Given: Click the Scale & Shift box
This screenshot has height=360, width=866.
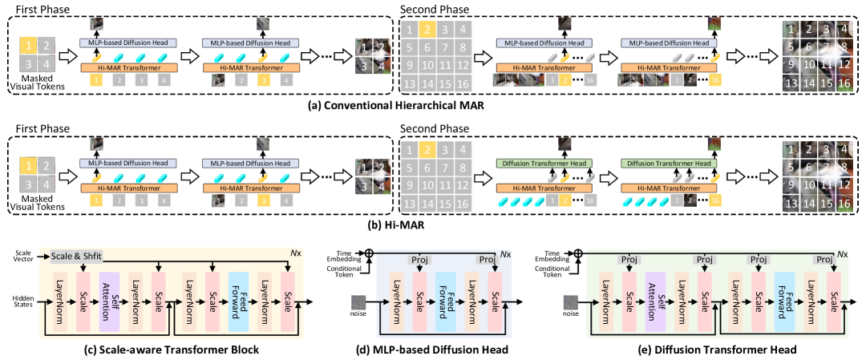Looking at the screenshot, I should tap(76, 256).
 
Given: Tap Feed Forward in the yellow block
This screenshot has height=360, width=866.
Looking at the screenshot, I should tap(238, 301).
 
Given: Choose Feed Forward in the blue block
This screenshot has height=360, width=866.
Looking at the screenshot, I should tap(446, 301).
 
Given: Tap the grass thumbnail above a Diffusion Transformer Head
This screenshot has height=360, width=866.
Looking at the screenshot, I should tap(714, 144).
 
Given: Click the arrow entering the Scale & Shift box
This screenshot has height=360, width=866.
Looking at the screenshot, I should tap(44, 256).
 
